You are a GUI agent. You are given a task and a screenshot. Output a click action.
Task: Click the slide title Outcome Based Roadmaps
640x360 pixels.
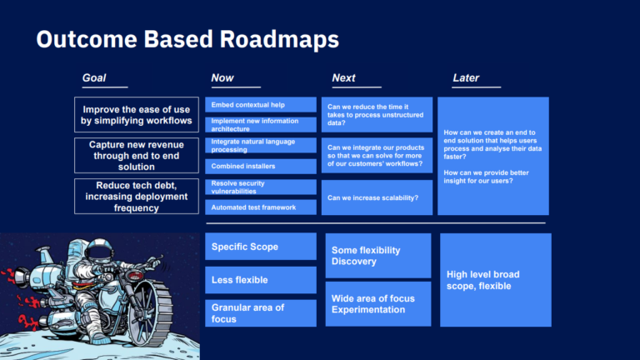click(187, 38)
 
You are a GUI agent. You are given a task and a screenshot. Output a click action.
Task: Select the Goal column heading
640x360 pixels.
click(94, 78)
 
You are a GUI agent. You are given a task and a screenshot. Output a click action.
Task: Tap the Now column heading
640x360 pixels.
click(222, 78)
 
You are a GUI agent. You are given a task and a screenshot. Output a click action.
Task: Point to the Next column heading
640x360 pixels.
click(343, 78)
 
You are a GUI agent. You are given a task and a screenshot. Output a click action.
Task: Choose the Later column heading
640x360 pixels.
click(466, 78)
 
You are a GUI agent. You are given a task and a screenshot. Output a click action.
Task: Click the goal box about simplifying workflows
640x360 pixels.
click(136, 115)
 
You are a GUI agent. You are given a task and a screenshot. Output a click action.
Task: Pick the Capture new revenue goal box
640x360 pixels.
click(136, 156)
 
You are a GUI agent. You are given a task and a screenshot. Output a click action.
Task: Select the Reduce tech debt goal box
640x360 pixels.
click(136, 197)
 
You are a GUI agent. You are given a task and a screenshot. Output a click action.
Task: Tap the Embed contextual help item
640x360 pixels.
click(261, 105)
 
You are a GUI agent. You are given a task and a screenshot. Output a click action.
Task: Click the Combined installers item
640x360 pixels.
click(261, 166)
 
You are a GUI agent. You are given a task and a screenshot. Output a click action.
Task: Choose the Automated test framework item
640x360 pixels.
click(261, 207)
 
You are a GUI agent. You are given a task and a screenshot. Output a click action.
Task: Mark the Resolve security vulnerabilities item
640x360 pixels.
click(261, 187)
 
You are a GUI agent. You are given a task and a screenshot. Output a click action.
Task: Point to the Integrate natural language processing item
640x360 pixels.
click(261, 146)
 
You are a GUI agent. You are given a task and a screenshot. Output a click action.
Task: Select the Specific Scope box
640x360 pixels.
click(261, 247)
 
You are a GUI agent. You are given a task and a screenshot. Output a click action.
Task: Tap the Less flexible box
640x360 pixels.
click(261, 280)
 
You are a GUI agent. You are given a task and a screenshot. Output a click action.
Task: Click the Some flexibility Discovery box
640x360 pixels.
click(377, 256)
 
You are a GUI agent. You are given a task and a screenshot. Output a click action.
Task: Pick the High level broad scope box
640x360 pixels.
click(495, 280)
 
